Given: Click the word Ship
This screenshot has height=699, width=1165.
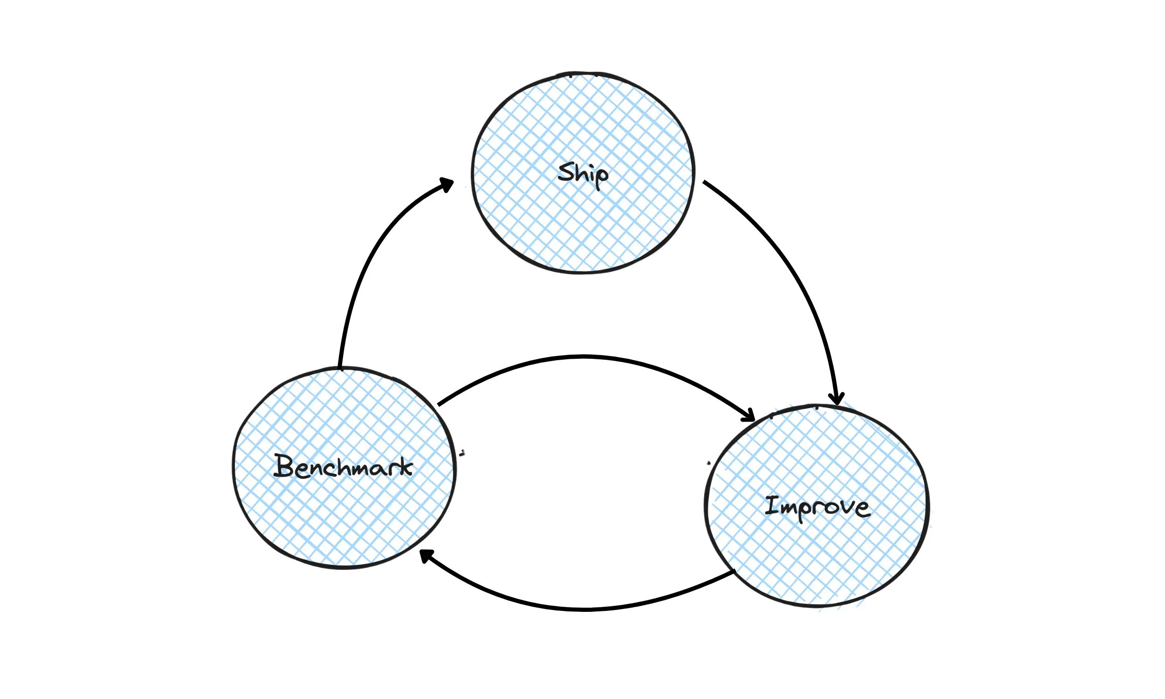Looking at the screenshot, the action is coord(583,175).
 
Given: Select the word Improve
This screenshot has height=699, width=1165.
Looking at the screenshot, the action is coord(817,508).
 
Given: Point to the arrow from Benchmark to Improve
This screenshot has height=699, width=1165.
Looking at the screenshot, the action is coord(584,357).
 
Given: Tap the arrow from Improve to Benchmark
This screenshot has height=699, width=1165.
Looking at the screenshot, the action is coord(584,610).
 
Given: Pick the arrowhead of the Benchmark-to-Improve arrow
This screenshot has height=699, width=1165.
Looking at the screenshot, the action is coord(748,414).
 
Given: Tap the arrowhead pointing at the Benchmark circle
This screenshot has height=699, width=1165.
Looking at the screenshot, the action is coord(426,556).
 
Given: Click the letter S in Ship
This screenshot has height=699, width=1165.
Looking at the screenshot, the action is coord(566,172).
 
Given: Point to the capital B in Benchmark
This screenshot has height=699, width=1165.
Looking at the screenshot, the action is coord(284,466).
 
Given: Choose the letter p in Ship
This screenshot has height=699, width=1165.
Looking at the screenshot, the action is coord(601,178).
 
